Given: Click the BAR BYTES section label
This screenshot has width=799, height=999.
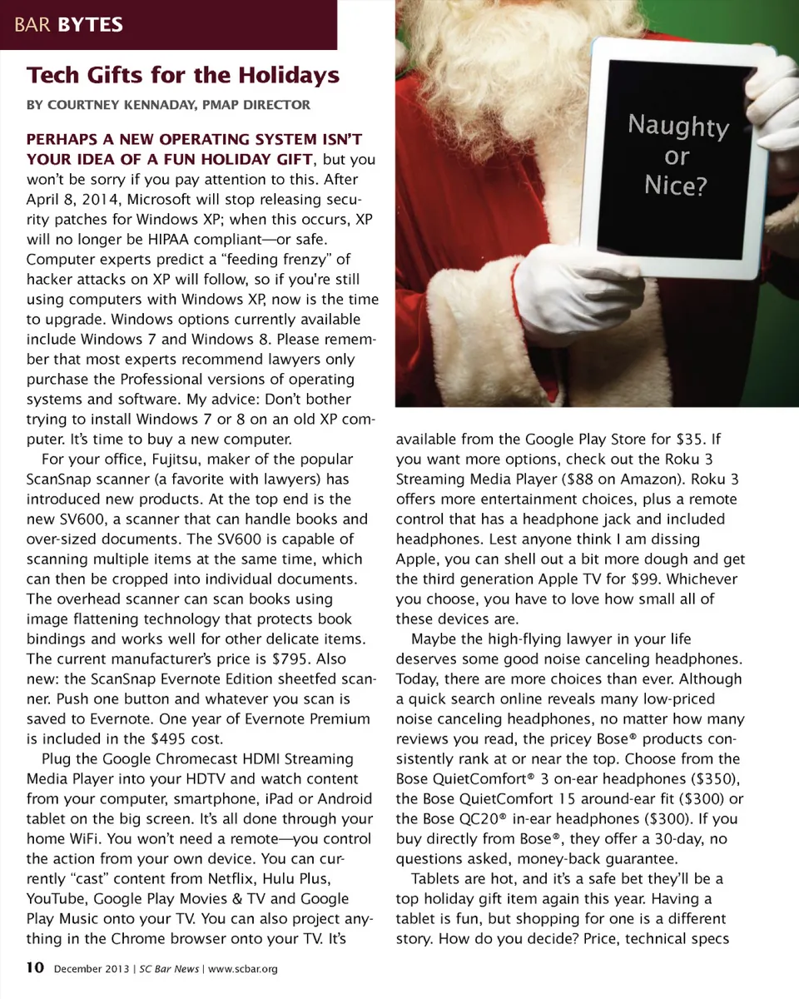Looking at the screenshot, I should click(x=68, y=25).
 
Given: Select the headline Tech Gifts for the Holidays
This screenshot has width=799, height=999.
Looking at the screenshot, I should click(x=183, y=75).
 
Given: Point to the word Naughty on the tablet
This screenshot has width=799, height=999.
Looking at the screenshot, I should click(x=678, y=126).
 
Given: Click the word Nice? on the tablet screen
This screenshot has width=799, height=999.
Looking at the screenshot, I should click(x=676, y=185).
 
